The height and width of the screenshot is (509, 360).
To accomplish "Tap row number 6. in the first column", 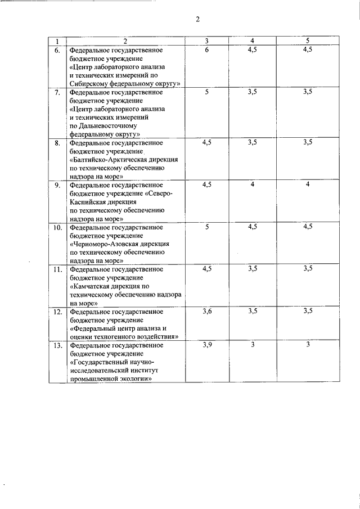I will [57, 50].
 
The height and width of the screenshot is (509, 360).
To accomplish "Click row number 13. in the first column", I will [57, 345].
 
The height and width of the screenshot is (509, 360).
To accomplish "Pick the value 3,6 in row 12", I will [207, 311].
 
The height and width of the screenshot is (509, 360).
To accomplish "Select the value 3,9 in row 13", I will [207, 345].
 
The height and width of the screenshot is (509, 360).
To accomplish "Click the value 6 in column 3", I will [207, 49].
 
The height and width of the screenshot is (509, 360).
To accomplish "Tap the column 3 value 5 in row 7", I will [207, 92].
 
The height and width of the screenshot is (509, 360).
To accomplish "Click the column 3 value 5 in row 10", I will [207, 227].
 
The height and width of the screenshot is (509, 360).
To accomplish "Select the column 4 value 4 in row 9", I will [253, 184].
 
